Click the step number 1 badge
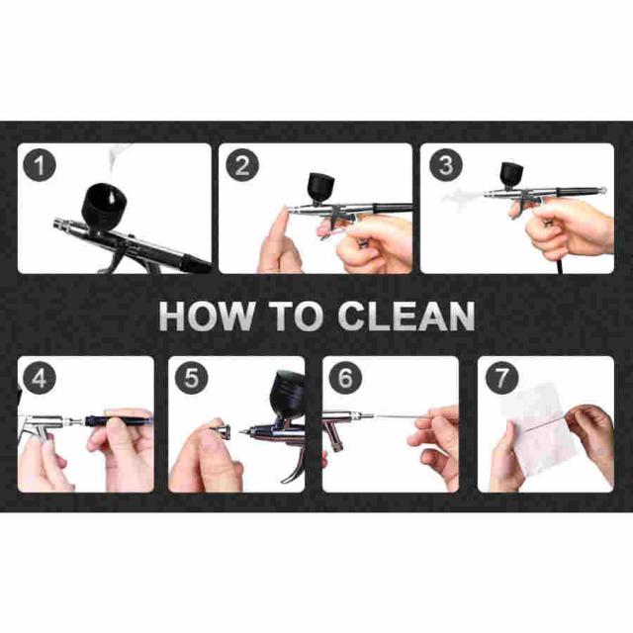click(x=39, y=165)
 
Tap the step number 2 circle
click(x=241, y=165)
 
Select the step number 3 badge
click(x=445, y=165)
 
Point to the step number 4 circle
click(x=39, y=378)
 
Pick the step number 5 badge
click(x=191, y=378)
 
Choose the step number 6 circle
click(x=345, y=378)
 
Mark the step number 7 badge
click(x=501, y=378)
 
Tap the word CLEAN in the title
click(x=407, y=316)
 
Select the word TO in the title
click(x=297, y=316)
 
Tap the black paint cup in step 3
click(x=511, y=175)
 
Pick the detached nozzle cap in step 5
click(x=221, y=431)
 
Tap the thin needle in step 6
click(x=400, y=416)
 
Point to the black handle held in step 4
click(x=119, y=421)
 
